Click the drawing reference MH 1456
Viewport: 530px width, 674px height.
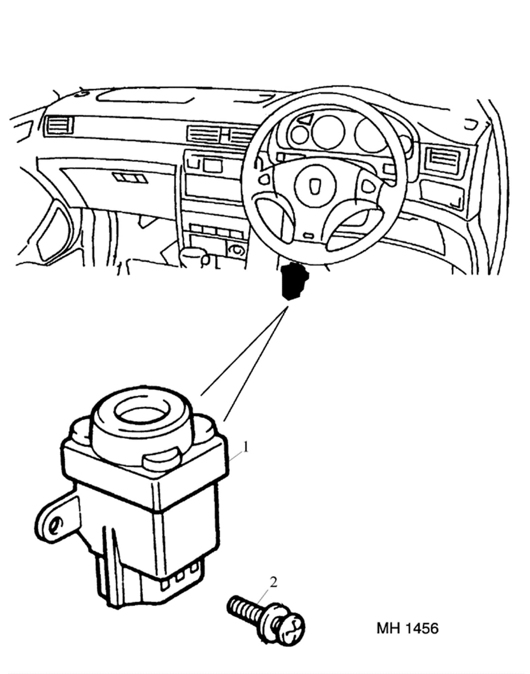point(407,628)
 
